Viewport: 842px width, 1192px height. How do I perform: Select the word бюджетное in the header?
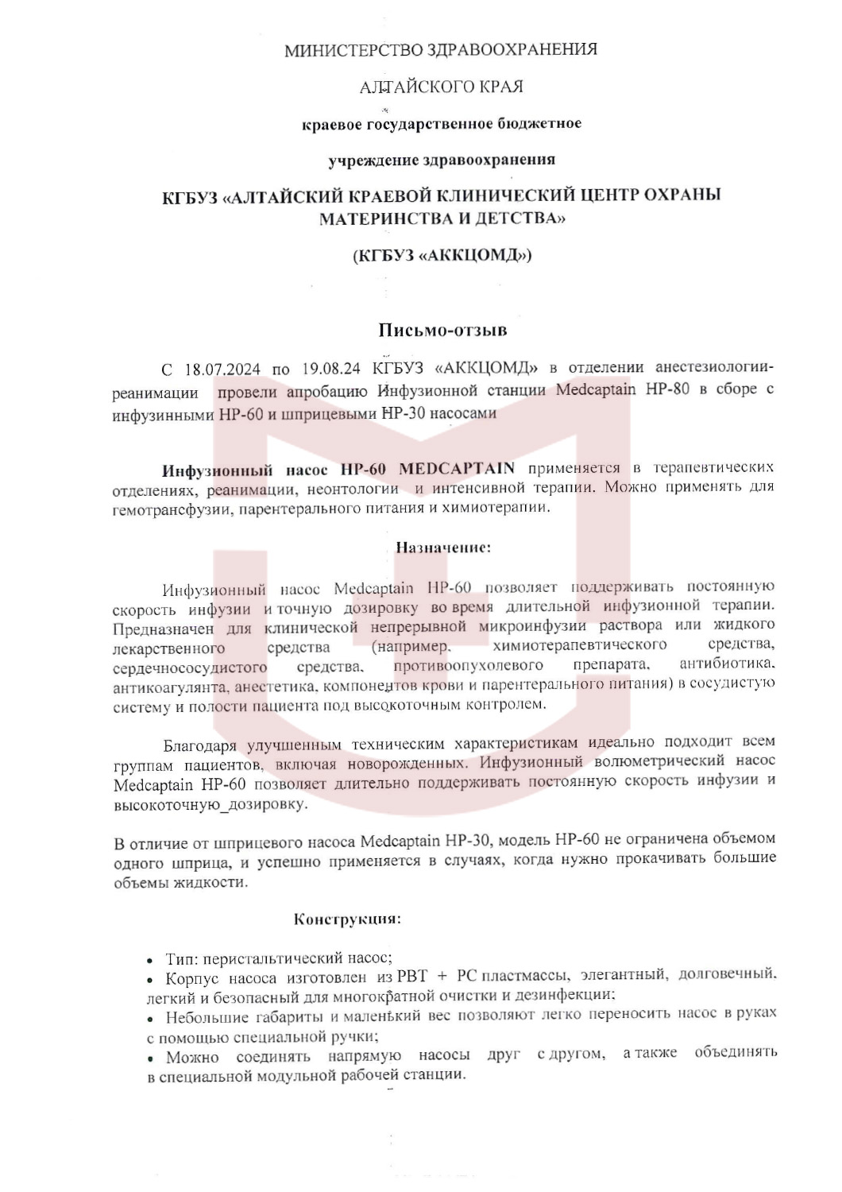[539, 123]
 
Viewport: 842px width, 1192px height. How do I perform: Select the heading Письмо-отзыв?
[442, 330]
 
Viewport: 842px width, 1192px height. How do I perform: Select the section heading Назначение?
[443, 547]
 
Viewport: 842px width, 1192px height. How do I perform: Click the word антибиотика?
[727, 664]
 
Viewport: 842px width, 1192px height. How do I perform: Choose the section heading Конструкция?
[347, 919]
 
